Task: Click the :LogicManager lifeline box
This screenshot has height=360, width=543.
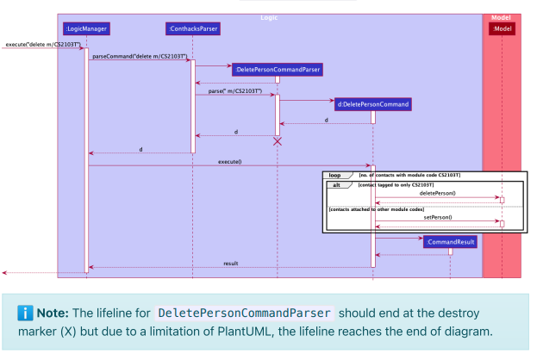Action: pos(86,29)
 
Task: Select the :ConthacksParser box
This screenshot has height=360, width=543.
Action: pos(193,29)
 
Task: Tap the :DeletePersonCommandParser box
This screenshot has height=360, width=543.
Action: pos(278,68)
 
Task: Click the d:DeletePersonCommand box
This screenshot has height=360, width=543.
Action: pos(373,104)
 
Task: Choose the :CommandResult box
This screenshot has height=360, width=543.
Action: pos(450,242)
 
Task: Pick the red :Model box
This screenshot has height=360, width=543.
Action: pos(502,29)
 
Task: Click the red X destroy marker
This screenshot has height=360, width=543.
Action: pos(278,140)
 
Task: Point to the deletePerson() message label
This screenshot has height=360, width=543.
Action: pos(437,194)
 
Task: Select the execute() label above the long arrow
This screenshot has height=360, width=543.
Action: pos(229,161)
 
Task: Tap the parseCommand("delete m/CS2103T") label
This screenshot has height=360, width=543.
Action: pos(139,56)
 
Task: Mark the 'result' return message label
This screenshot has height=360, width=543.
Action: pos(230,263)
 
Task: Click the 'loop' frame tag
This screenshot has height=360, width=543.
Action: pos(332,175)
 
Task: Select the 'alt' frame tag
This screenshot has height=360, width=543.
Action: pos(336,185)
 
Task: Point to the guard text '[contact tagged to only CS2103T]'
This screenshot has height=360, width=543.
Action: pos(396,185)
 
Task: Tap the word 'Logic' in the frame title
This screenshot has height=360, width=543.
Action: pos(270,17)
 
